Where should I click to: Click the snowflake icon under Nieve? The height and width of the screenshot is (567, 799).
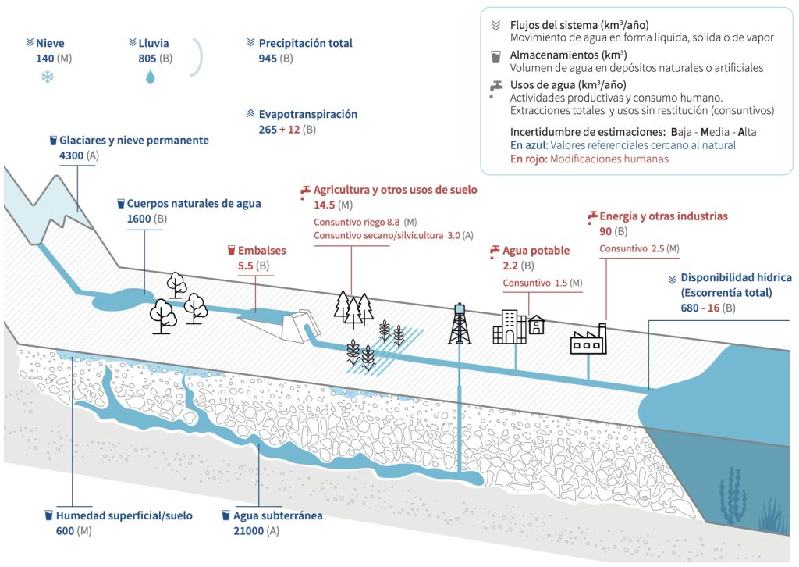(48, 77)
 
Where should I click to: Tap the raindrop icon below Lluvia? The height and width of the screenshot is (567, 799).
(151, 77)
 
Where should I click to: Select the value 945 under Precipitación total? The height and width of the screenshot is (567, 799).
(268, 58)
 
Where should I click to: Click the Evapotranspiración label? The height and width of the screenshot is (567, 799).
(307, 114)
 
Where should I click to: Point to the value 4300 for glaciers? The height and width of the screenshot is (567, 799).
(71, 155)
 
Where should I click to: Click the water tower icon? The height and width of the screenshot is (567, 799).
(460, 323)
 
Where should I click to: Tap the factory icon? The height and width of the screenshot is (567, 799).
(588, 339)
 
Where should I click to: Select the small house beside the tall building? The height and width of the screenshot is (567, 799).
(537, 325)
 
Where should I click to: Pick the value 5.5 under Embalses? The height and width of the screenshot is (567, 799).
(246, 266)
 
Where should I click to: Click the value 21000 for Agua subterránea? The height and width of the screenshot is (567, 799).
(249, 531)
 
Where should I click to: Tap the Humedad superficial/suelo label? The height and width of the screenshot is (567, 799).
(124, 515)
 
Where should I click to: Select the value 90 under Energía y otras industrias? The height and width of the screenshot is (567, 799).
(605, 231)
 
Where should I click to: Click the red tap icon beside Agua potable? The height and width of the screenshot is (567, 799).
(495, 251)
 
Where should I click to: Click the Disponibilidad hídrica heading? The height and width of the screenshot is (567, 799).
(737, 277)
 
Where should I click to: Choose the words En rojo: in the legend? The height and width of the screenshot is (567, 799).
(529, 159)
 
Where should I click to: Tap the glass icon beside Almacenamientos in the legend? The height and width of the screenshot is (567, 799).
(495, 56)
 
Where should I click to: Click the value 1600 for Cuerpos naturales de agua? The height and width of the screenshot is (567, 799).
(139, 219)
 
